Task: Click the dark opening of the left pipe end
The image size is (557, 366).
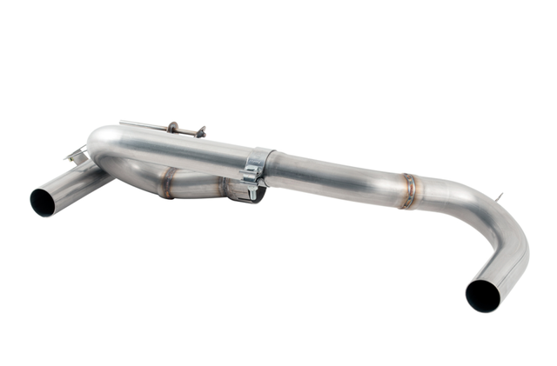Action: pyautogui.click(x=43, y=202)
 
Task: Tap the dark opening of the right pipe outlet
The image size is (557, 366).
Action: pyautogui.click(x=482, y=296)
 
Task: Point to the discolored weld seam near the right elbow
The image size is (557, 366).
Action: pyautogui.click(x=407, y=191)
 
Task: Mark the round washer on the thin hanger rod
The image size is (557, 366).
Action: pyautogui.click(x=173, y=128)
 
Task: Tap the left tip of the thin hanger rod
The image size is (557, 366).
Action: pyautogui.click(x=123, y=122)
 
